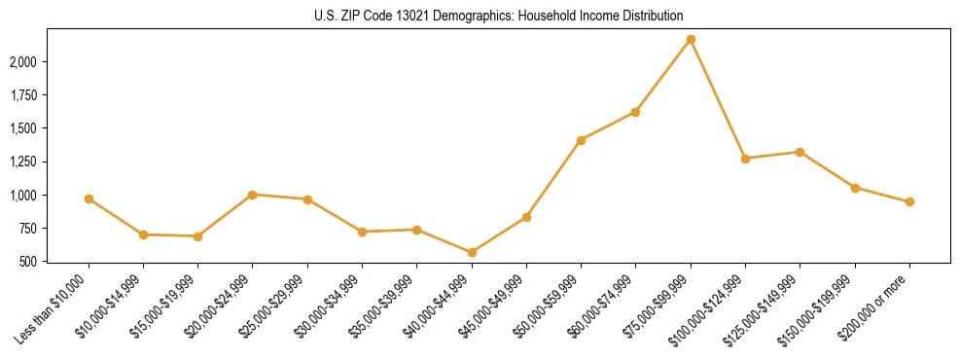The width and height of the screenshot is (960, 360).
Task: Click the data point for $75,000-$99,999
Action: [691, 39]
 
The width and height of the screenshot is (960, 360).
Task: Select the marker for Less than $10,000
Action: [89, 198]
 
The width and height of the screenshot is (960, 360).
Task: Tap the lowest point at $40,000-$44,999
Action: [472, 252]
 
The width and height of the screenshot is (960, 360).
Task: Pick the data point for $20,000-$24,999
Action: [253, 195]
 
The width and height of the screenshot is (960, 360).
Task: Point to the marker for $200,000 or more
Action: [909, 201]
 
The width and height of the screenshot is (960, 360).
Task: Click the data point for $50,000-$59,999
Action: [581, 140]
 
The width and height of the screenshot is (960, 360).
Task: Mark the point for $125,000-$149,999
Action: [800, 152]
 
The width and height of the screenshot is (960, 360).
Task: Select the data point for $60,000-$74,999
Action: [635, 112]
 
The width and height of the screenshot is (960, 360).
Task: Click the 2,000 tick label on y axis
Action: [22, 61]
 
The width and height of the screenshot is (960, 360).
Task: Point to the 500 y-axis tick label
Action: [28, 262]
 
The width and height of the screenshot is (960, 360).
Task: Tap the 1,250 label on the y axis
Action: [22, 162]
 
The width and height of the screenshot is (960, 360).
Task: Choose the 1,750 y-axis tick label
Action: [22, 95]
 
